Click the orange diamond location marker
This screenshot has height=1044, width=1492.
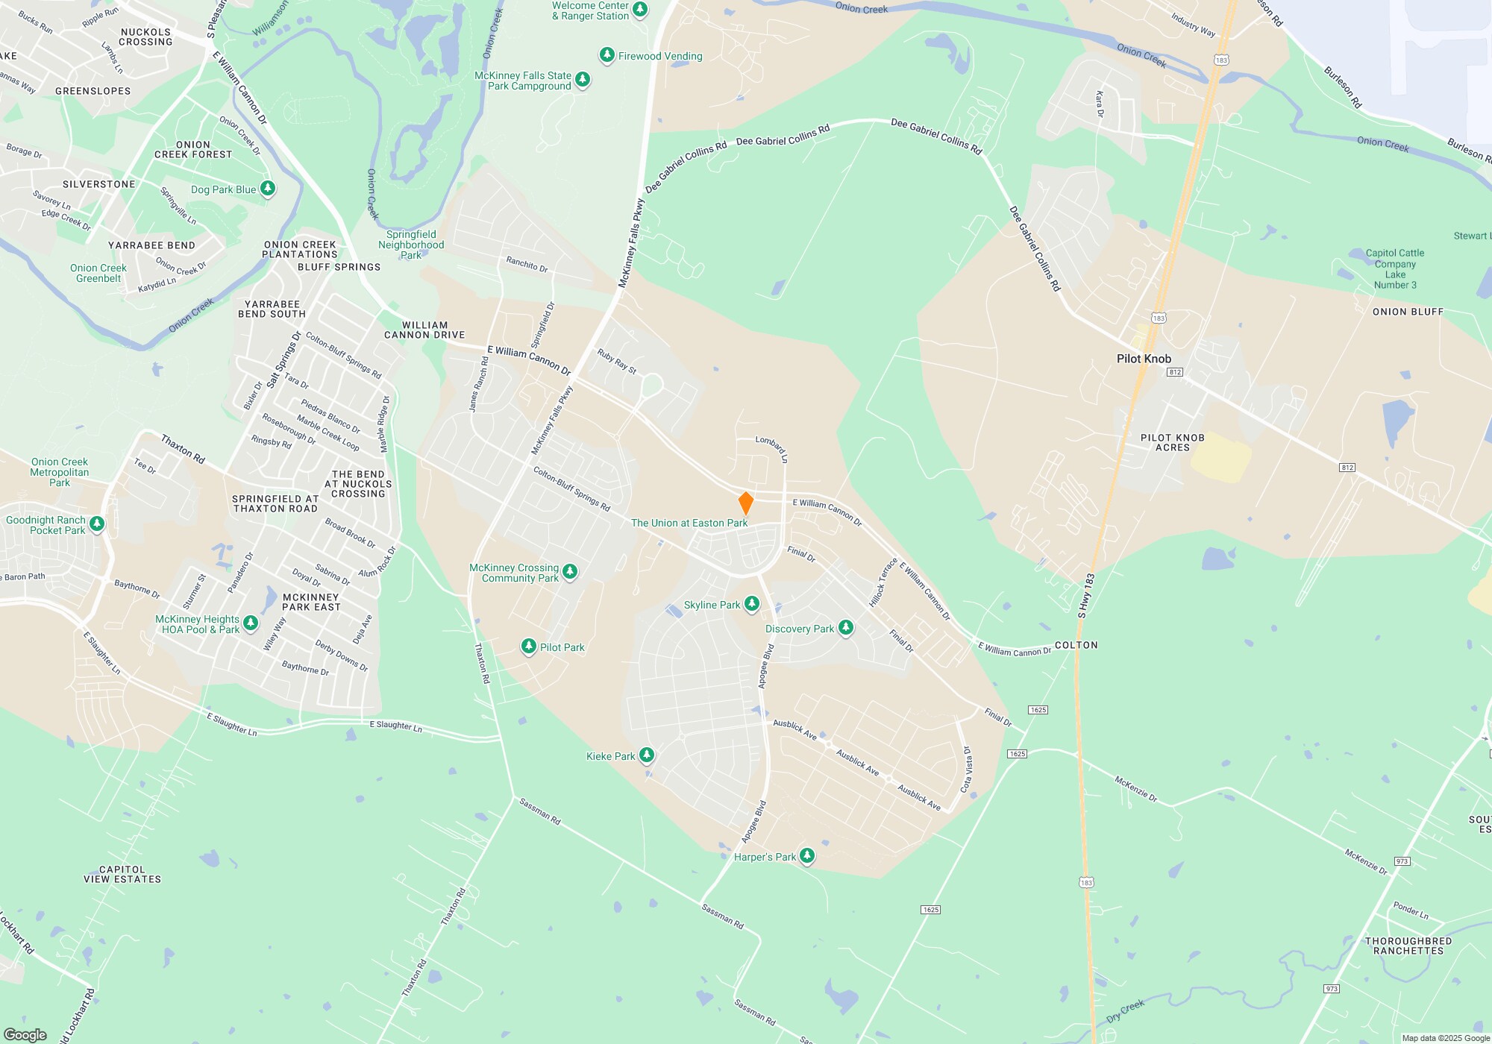[x=745, y=503]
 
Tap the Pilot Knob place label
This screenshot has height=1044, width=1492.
[x=1144, y=359]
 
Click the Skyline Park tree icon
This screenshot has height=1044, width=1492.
[x=752, y=604]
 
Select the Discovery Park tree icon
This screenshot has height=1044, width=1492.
[x=845, y=628]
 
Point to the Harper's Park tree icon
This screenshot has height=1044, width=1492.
[x=807, y=856]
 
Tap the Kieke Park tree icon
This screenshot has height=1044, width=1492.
[x=647, y=755]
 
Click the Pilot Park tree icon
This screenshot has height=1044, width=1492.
[x=529, y=647]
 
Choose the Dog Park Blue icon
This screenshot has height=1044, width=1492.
[x=268, y=189]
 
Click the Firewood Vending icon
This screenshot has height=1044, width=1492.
[x=607, y=55]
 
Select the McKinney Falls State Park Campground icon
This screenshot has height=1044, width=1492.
[x=583, y=80]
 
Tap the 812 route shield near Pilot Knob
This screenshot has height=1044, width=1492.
[x=1175, y=372]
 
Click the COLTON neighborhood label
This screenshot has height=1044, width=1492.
[x=1076, y=645]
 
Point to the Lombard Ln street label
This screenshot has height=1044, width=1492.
[x=771, y=449]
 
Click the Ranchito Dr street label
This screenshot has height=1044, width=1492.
[x=527, y=264]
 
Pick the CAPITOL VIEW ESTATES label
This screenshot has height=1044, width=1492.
[x=122, y=874]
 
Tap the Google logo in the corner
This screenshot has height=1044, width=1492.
[x=25, y=1034]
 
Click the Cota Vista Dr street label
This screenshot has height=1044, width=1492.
[x=966, y=770]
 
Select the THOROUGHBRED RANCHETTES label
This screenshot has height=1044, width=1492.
[x=1408, y=946]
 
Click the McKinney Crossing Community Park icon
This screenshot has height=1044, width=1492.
[x=570, y=572]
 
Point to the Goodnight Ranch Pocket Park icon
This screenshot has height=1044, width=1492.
[x=97, y=524]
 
